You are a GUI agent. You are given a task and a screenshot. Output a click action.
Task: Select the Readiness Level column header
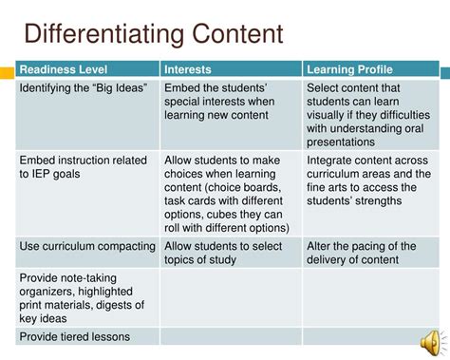pos(60,69)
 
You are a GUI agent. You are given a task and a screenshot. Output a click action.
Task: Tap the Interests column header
pos(188,69)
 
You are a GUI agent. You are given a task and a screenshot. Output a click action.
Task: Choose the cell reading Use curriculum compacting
pos(86,247)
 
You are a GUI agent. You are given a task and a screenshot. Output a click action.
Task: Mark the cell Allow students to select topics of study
pos(228,254)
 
